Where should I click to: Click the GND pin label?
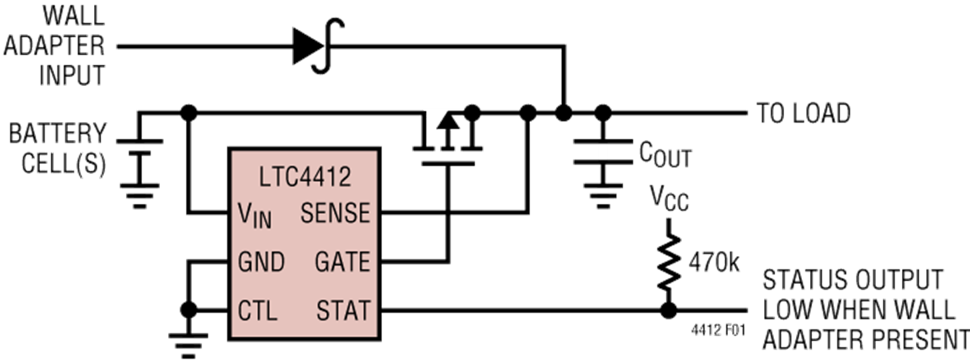[x=261, y=262]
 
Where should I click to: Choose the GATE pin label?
[x=342, y=262]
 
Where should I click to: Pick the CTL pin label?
[x=257, y=311]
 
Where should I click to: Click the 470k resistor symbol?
[x=669, y=261]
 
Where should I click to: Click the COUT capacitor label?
[x=665, y=155]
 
